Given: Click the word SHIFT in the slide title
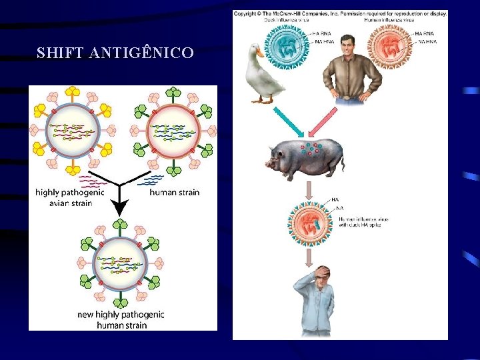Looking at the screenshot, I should [x=56, y=53].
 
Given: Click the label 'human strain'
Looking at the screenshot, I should [x=174, y=193].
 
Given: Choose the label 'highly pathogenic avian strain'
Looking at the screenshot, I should [x=69, y=197].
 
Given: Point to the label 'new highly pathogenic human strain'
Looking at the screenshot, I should [x=121, y=319].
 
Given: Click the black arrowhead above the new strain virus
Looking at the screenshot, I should [x=119, y=208].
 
